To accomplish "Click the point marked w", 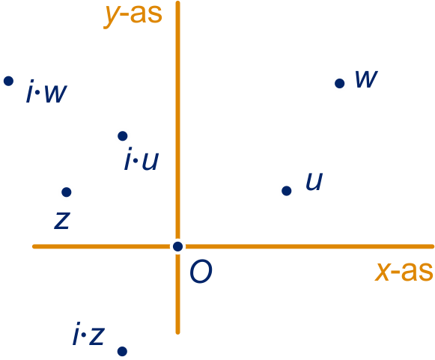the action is click(x=340, y=83).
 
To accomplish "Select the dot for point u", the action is click(x=286, y=191).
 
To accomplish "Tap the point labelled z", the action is click(x=67, y=192).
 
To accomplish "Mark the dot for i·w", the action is click(x=8, y=81).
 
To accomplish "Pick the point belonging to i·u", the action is click(x=122, y=136).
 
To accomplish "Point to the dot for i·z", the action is click(x=122, y=352).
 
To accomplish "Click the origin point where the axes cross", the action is click(x=177, y=246).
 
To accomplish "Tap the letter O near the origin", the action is click(x=201, y=272).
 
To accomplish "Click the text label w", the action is click(x=366, y=79).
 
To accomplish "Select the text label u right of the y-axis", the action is click(x=314, y=182).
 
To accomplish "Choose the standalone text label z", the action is click(x=62, y=220).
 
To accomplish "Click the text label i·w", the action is click(x=46, y=91).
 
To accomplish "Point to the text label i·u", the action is click(x=142, y=159).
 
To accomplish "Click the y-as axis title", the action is click(x=133, y=14).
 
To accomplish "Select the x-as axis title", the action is click(x=404, y=272).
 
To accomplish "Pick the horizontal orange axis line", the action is click(x=233, y=246).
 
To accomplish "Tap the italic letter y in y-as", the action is click(x=112, y=16).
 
